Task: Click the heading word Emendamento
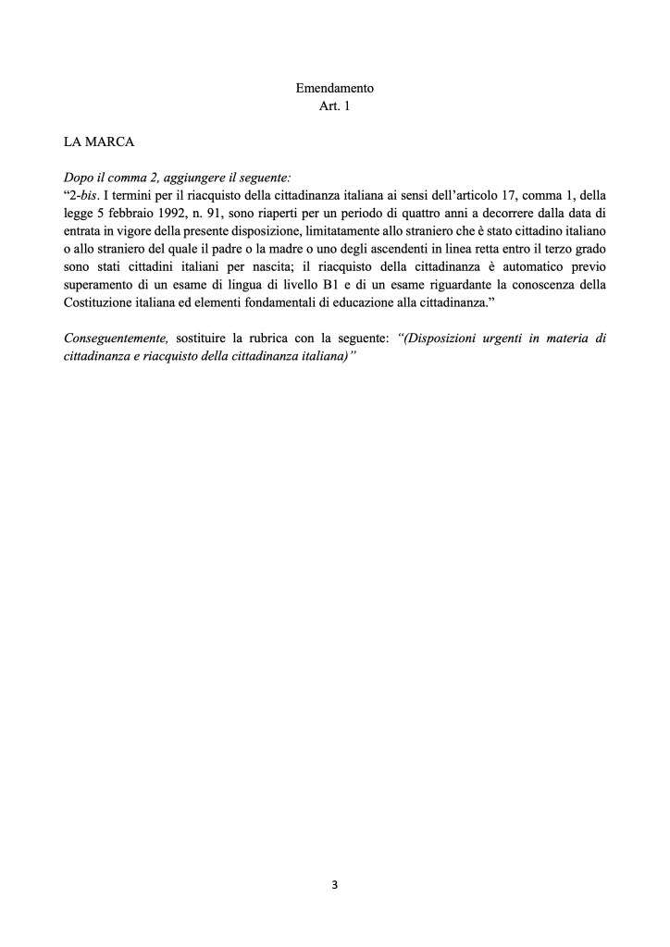(x=334, y=90)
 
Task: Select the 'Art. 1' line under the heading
(x=334, y=106)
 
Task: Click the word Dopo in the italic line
(x=79, y=176)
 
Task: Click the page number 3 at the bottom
(x=334, y=885)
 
